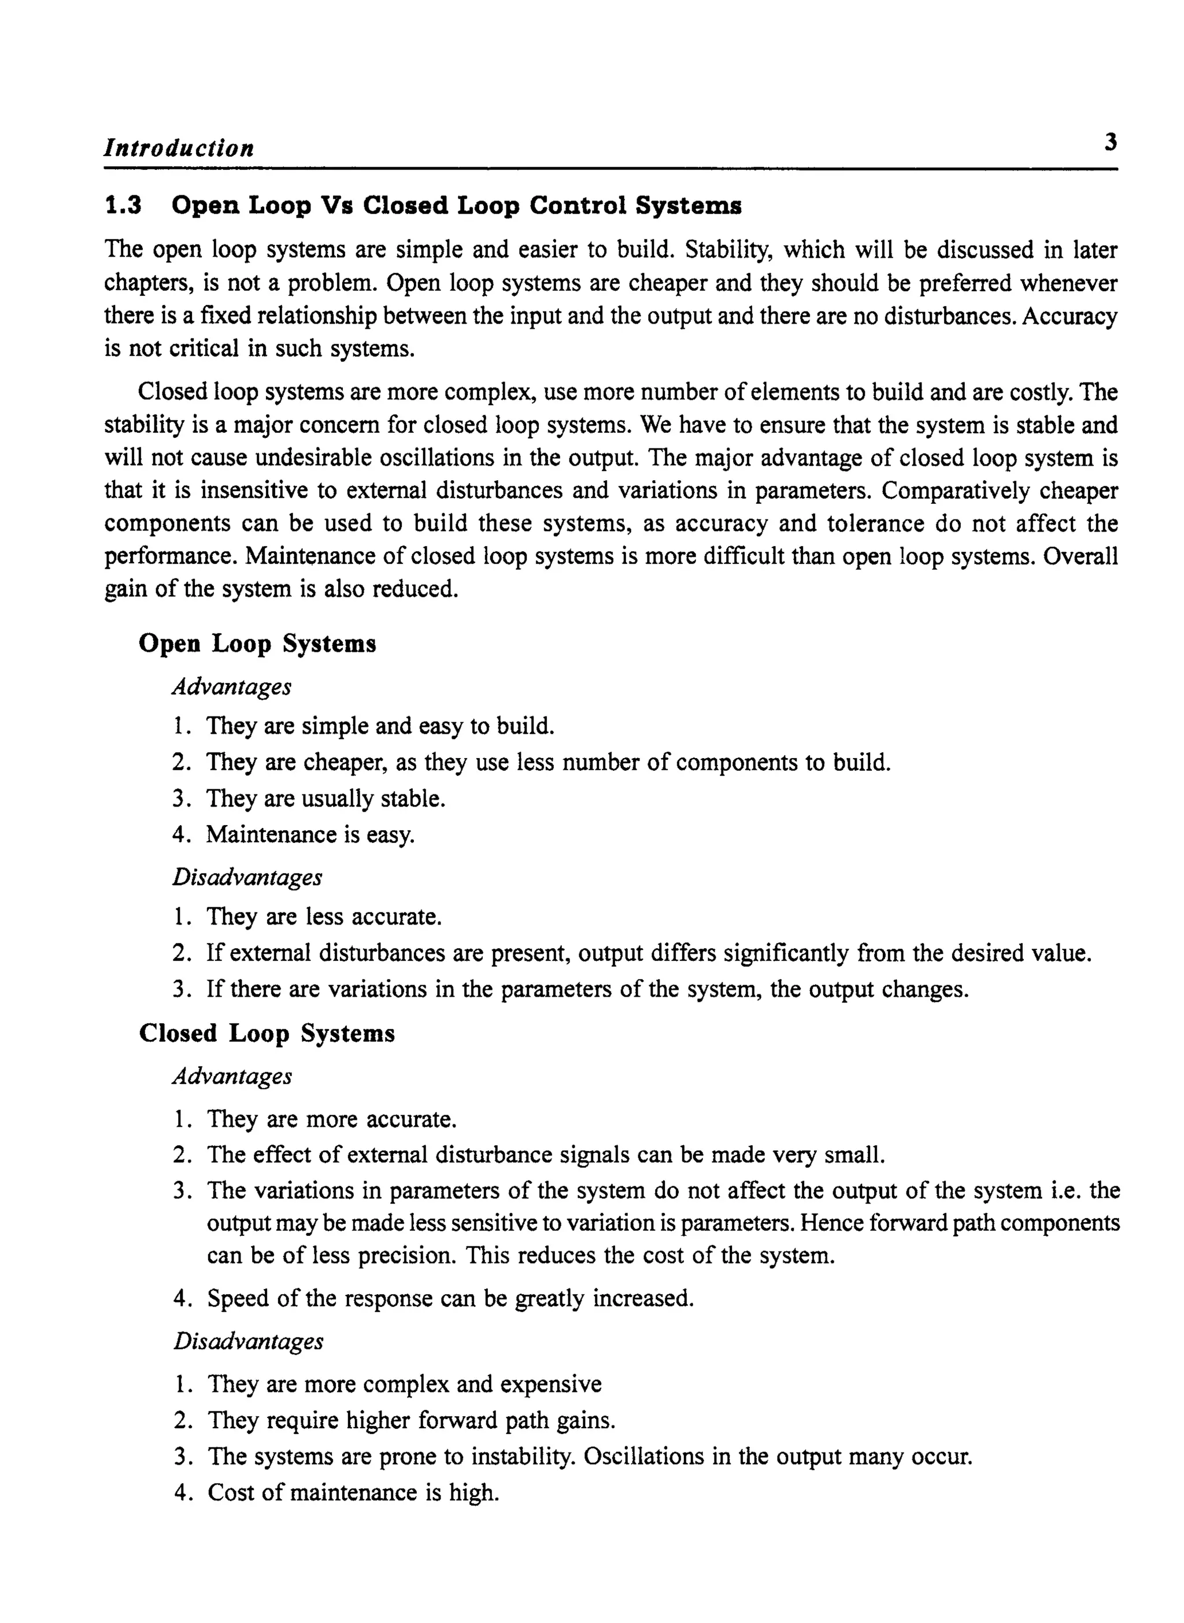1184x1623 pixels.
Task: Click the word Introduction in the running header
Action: (x=179, y=148)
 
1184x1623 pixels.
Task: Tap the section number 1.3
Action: (x=123, y=206)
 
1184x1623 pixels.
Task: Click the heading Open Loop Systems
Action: (x=257, y=643)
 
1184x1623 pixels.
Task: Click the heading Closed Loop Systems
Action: (x=267, y=1034)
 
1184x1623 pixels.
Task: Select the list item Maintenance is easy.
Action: (x=310, y=834)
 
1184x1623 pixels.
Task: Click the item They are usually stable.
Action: (x=325, y=798)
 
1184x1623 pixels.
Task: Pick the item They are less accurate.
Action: (x=323, y=917)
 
